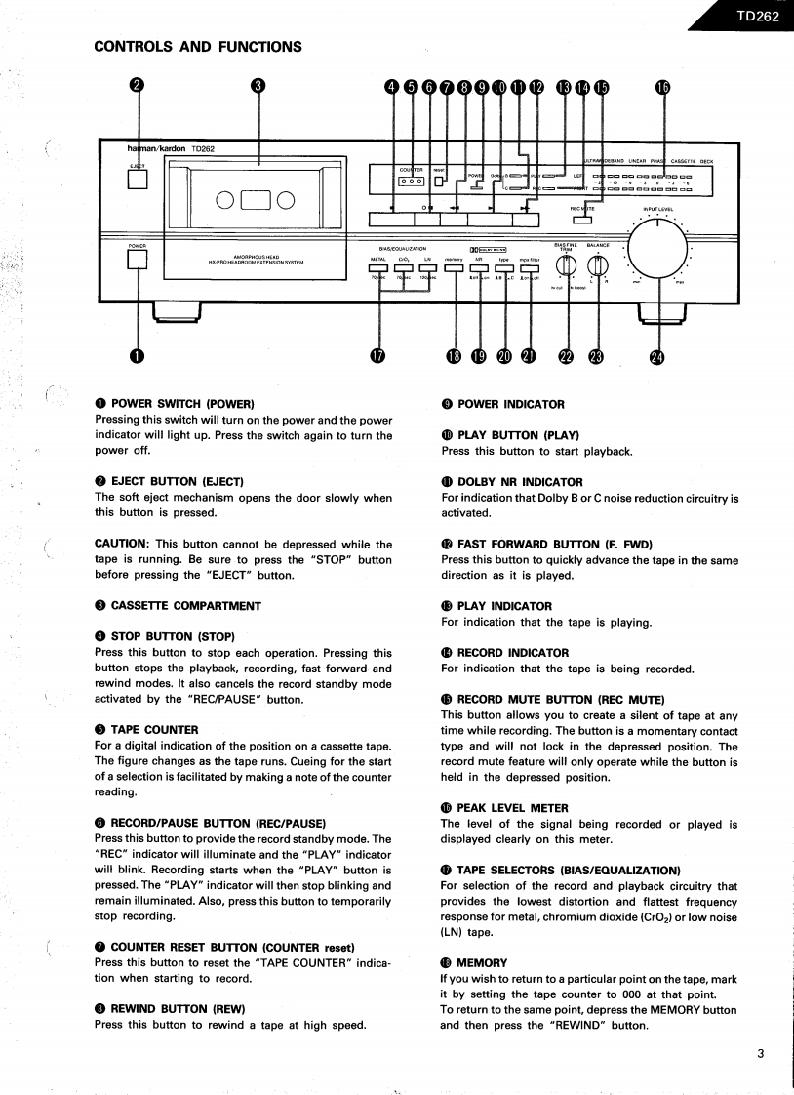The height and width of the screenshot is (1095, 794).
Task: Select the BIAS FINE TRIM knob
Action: pos(566,265)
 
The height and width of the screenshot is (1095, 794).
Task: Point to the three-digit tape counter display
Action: pos(411,180)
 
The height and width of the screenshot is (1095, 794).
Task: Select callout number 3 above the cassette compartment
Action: pos(258,86)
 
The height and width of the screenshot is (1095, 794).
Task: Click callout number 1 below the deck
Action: pos(138,357)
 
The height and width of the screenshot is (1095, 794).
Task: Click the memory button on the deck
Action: pos(454,269)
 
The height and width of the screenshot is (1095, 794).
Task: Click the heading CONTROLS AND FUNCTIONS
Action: pos(198,46)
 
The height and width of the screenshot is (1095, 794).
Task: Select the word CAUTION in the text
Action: pos(120,544)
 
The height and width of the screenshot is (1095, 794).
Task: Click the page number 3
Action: pos(761,1053)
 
